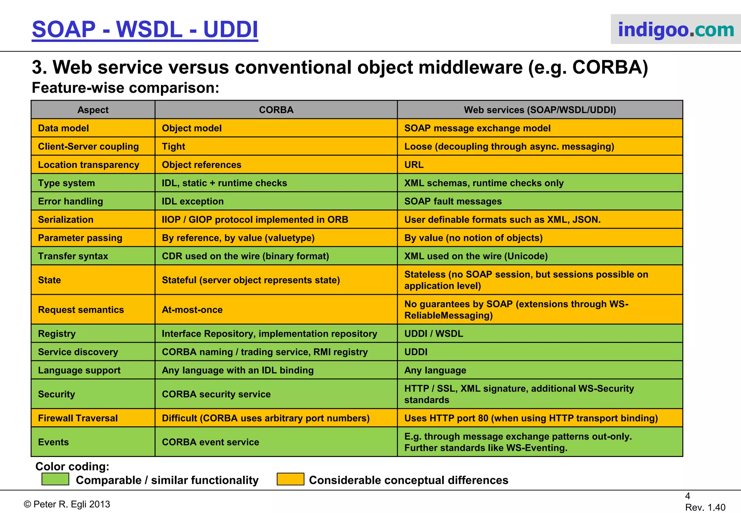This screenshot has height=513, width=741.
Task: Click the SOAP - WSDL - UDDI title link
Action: coord(145,30)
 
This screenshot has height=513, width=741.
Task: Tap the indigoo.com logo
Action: coord(676,29)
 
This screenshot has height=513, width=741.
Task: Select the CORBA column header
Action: coord(276,110)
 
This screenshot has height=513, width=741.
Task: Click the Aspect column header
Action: coord(93,110)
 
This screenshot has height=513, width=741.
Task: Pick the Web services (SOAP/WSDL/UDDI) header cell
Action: coord(540,110)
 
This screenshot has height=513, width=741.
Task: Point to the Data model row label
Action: coord(63,128)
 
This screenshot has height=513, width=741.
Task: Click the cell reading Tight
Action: coord(173,147)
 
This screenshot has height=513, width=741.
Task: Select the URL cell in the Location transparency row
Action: coord(414,165)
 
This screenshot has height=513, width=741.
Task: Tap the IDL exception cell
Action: coord(192,202)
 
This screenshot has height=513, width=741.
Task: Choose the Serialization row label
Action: coord(65,220)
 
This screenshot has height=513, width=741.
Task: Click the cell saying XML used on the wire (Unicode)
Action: coord(476,256)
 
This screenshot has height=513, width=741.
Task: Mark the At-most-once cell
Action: coord(192,310)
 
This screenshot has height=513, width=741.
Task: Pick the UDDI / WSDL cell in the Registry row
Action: coord(433,334)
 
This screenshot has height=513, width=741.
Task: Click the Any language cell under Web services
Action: coord(435,370)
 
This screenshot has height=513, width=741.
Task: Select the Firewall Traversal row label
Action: coord(78,418)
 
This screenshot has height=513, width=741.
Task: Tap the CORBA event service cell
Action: coord(210,442)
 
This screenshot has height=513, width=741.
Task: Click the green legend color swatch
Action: coord(55,479)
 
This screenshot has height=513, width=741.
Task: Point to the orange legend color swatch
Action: coord(290,479)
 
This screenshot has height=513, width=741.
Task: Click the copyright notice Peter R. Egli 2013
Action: coord(67,504)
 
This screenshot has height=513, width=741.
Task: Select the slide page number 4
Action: coord(687,496)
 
